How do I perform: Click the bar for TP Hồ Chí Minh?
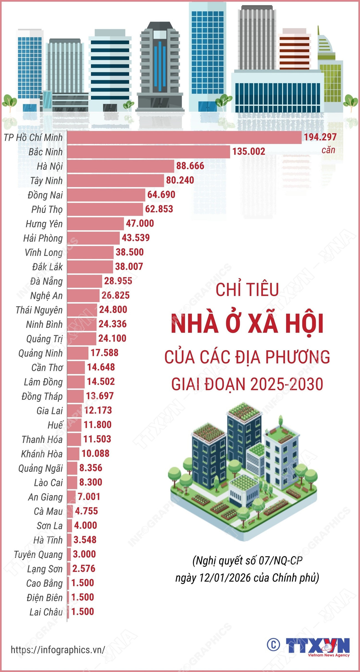point(184,138)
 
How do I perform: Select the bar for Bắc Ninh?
point(148,152)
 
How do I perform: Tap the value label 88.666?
point(190,166)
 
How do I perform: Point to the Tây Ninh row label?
point(46,181)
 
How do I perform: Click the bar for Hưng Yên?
point(95,224)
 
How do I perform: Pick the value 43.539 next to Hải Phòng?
point(136,238)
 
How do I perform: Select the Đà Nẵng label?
point(46,281)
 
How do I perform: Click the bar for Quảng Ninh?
point(78,353)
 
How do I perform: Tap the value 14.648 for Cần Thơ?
point(101,367)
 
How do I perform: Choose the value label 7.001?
point(89,497)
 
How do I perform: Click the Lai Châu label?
point(46,612)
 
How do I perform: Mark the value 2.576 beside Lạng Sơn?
point(84,569)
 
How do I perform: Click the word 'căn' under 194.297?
point(328,150)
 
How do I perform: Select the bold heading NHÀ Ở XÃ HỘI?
point(247,324)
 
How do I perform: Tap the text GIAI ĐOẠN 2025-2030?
point(247,384)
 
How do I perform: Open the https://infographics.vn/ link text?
point(58,650)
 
